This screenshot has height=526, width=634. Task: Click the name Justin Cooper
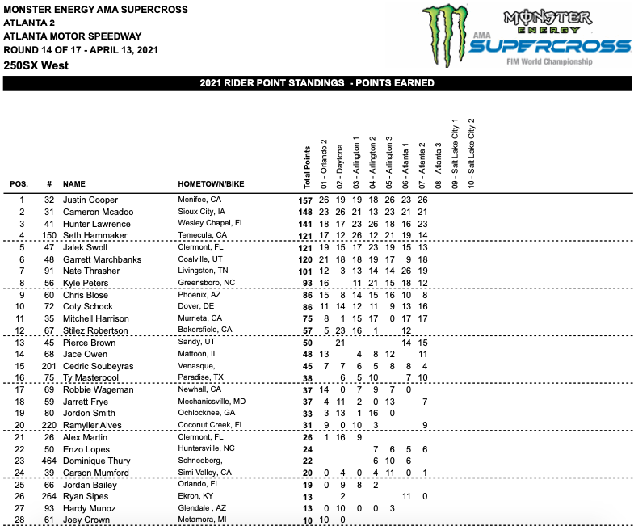90,200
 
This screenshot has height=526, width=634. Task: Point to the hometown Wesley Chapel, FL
211,224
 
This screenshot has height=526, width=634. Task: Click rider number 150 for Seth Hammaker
48,235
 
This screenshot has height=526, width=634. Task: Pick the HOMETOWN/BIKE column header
211,184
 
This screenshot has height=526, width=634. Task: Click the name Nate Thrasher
90,271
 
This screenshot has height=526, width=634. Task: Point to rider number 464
48,461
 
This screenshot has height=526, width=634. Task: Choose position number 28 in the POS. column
23,520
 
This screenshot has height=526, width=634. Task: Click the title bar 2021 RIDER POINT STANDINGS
317,83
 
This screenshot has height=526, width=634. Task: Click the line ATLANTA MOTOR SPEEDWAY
73,36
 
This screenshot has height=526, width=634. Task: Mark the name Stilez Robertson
95,330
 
